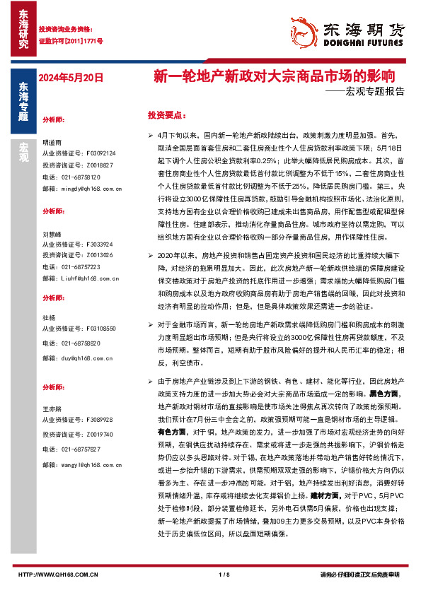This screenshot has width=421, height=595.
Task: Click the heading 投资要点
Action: [167, 114]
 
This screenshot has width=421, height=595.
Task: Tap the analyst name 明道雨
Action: [52, 141]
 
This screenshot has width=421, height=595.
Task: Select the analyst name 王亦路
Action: [52, 408]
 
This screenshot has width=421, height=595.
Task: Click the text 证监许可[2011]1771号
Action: [71, 41]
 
